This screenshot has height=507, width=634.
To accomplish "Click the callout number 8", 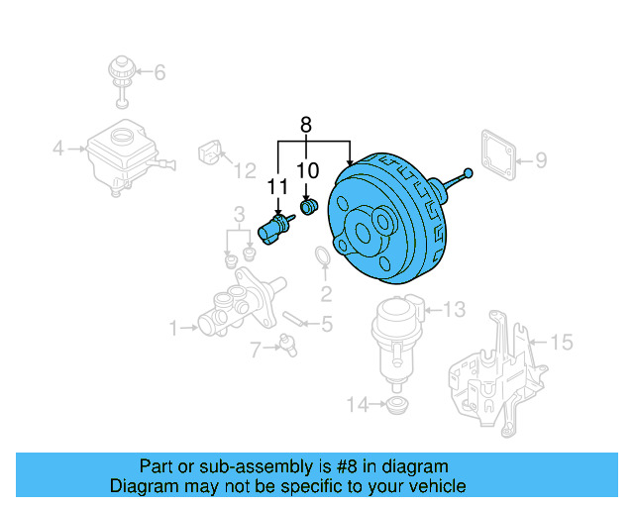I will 305,125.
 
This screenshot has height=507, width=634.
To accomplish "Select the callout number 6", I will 159,71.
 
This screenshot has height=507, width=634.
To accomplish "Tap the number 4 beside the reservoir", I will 58,150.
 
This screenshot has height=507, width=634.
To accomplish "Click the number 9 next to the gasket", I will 541,158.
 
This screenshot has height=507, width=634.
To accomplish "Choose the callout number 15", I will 561,343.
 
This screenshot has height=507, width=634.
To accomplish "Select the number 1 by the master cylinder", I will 173,327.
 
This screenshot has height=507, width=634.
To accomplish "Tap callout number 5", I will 327,324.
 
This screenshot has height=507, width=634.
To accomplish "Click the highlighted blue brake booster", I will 386,223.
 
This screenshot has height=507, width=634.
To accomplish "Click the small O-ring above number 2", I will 323,259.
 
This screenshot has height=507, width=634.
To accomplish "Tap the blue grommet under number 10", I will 308,209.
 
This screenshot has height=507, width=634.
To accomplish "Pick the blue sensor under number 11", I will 272,229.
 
